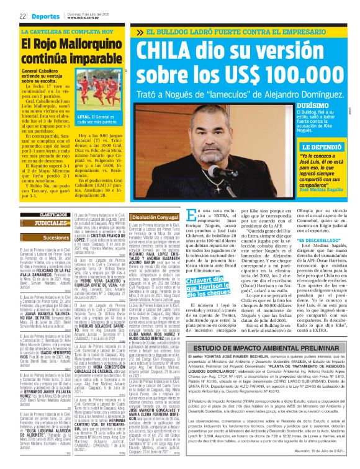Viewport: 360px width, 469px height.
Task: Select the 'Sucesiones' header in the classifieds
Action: coord(47,236)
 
